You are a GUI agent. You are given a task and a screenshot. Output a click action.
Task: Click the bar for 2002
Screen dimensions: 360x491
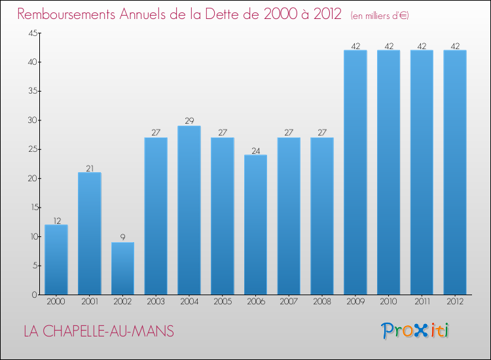[122, 268]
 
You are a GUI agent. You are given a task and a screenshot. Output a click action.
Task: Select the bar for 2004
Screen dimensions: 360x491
[189, 210]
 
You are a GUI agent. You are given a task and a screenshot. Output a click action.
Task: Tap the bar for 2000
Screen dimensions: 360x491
[56, 260]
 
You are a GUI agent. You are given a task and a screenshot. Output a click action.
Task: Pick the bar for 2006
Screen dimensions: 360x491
[255, 225]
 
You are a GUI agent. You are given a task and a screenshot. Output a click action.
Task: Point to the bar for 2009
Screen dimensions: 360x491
[355, 172]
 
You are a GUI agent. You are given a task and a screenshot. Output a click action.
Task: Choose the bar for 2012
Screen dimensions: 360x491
[455, 172]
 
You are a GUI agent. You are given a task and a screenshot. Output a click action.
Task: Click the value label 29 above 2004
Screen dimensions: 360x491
[189, 121]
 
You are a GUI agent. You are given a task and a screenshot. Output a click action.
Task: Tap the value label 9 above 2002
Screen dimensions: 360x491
[122, 238]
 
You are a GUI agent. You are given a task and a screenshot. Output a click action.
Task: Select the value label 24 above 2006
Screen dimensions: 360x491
[255, 150]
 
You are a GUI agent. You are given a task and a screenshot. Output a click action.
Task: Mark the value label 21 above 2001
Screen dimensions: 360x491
[90, 168]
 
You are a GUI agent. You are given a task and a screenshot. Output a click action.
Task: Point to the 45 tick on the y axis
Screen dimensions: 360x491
[31, 33]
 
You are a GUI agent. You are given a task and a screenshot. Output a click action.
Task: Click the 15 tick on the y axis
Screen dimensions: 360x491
[31, 207]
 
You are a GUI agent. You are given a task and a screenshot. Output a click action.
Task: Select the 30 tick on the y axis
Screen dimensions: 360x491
[31, 120]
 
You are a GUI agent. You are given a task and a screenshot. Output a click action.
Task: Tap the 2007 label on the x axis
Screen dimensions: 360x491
[289, 303]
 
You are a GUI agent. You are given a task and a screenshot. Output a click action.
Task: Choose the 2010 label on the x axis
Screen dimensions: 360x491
[388, 303]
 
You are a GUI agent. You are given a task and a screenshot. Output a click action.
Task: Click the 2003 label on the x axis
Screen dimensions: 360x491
[156, 303]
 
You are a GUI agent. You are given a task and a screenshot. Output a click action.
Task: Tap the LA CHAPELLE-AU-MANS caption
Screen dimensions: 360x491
[99, 331]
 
